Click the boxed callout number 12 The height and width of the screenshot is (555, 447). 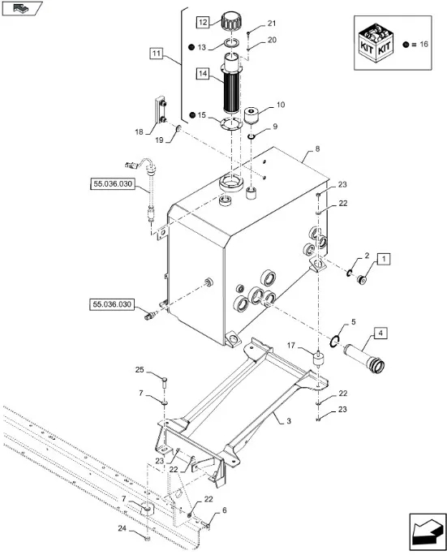(203, 23)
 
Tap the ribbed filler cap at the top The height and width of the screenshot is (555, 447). (231, 22)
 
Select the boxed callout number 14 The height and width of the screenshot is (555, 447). (203, 74)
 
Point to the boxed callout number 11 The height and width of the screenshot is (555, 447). (156, 54)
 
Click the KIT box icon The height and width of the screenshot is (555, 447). (375, 42)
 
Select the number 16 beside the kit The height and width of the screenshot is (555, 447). (423, 45)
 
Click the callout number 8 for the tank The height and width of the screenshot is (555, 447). (317, 148)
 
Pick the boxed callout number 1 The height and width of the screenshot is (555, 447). (384, 259)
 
